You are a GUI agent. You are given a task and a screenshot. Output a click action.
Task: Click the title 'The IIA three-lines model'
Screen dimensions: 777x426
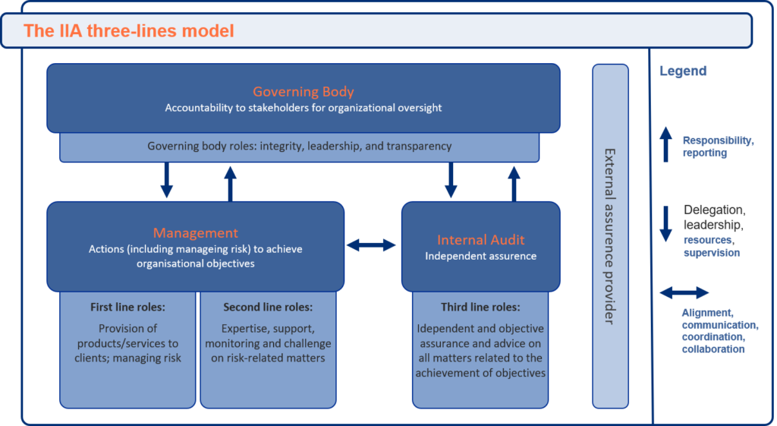pyautogui.click(x=129, y=30)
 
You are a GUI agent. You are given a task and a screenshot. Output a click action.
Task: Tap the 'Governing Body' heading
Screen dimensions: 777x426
pyautogui.click(x=304, y=92)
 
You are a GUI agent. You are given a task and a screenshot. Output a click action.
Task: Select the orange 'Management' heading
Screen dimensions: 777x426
pyautogui.click(x=195, y=232)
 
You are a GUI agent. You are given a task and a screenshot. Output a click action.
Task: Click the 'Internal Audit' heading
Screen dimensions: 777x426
pyautogui.click(x=480, y=240)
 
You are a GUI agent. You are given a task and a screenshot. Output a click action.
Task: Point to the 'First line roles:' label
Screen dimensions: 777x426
pyautogui.click(x=127, y=308)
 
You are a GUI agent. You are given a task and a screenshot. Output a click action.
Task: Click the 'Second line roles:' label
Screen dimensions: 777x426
pyautogui.click(x=268, y=308)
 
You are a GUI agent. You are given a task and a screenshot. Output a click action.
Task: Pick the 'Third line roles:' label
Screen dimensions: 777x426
pyautogui.click(x=480, y=308)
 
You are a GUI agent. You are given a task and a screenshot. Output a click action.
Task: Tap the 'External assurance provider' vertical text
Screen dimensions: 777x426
pyautogui.click(x=610, y=237)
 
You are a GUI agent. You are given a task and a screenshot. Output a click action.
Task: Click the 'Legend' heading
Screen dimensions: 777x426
pyautogui.click(x=683, y=71)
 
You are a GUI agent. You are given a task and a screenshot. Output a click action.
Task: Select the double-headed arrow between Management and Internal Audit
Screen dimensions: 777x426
pyautogui.click(x=371, y=245)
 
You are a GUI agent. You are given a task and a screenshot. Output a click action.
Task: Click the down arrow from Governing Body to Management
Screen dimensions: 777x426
pyautogui.click(x=166, y=180)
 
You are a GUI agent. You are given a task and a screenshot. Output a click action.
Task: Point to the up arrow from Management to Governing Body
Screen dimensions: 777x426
pyautogui.click(x=230, y=184)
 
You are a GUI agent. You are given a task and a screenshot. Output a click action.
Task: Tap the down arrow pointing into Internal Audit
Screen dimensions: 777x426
pyautogui.click(x=451, y=180)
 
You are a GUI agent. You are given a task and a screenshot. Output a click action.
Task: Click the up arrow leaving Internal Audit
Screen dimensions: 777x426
pyautogui.click(x=514, y=184)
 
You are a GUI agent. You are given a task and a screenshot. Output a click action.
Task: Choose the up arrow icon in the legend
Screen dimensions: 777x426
pyautogui.click(x=666, y=144)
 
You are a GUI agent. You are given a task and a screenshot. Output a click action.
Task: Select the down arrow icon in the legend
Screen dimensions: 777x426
pyautogui.click(x=666, y=224)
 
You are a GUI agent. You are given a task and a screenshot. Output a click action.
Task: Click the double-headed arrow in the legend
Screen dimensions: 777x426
pyautogui.click(x=684, y=293)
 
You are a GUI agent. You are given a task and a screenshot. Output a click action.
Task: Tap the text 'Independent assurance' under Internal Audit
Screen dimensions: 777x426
pyautogui.click(x=480, y=257)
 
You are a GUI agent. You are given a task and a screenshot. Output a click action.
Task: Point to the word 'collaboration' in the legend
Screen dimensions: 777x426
pyautogui.click(x=713, y=349)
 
